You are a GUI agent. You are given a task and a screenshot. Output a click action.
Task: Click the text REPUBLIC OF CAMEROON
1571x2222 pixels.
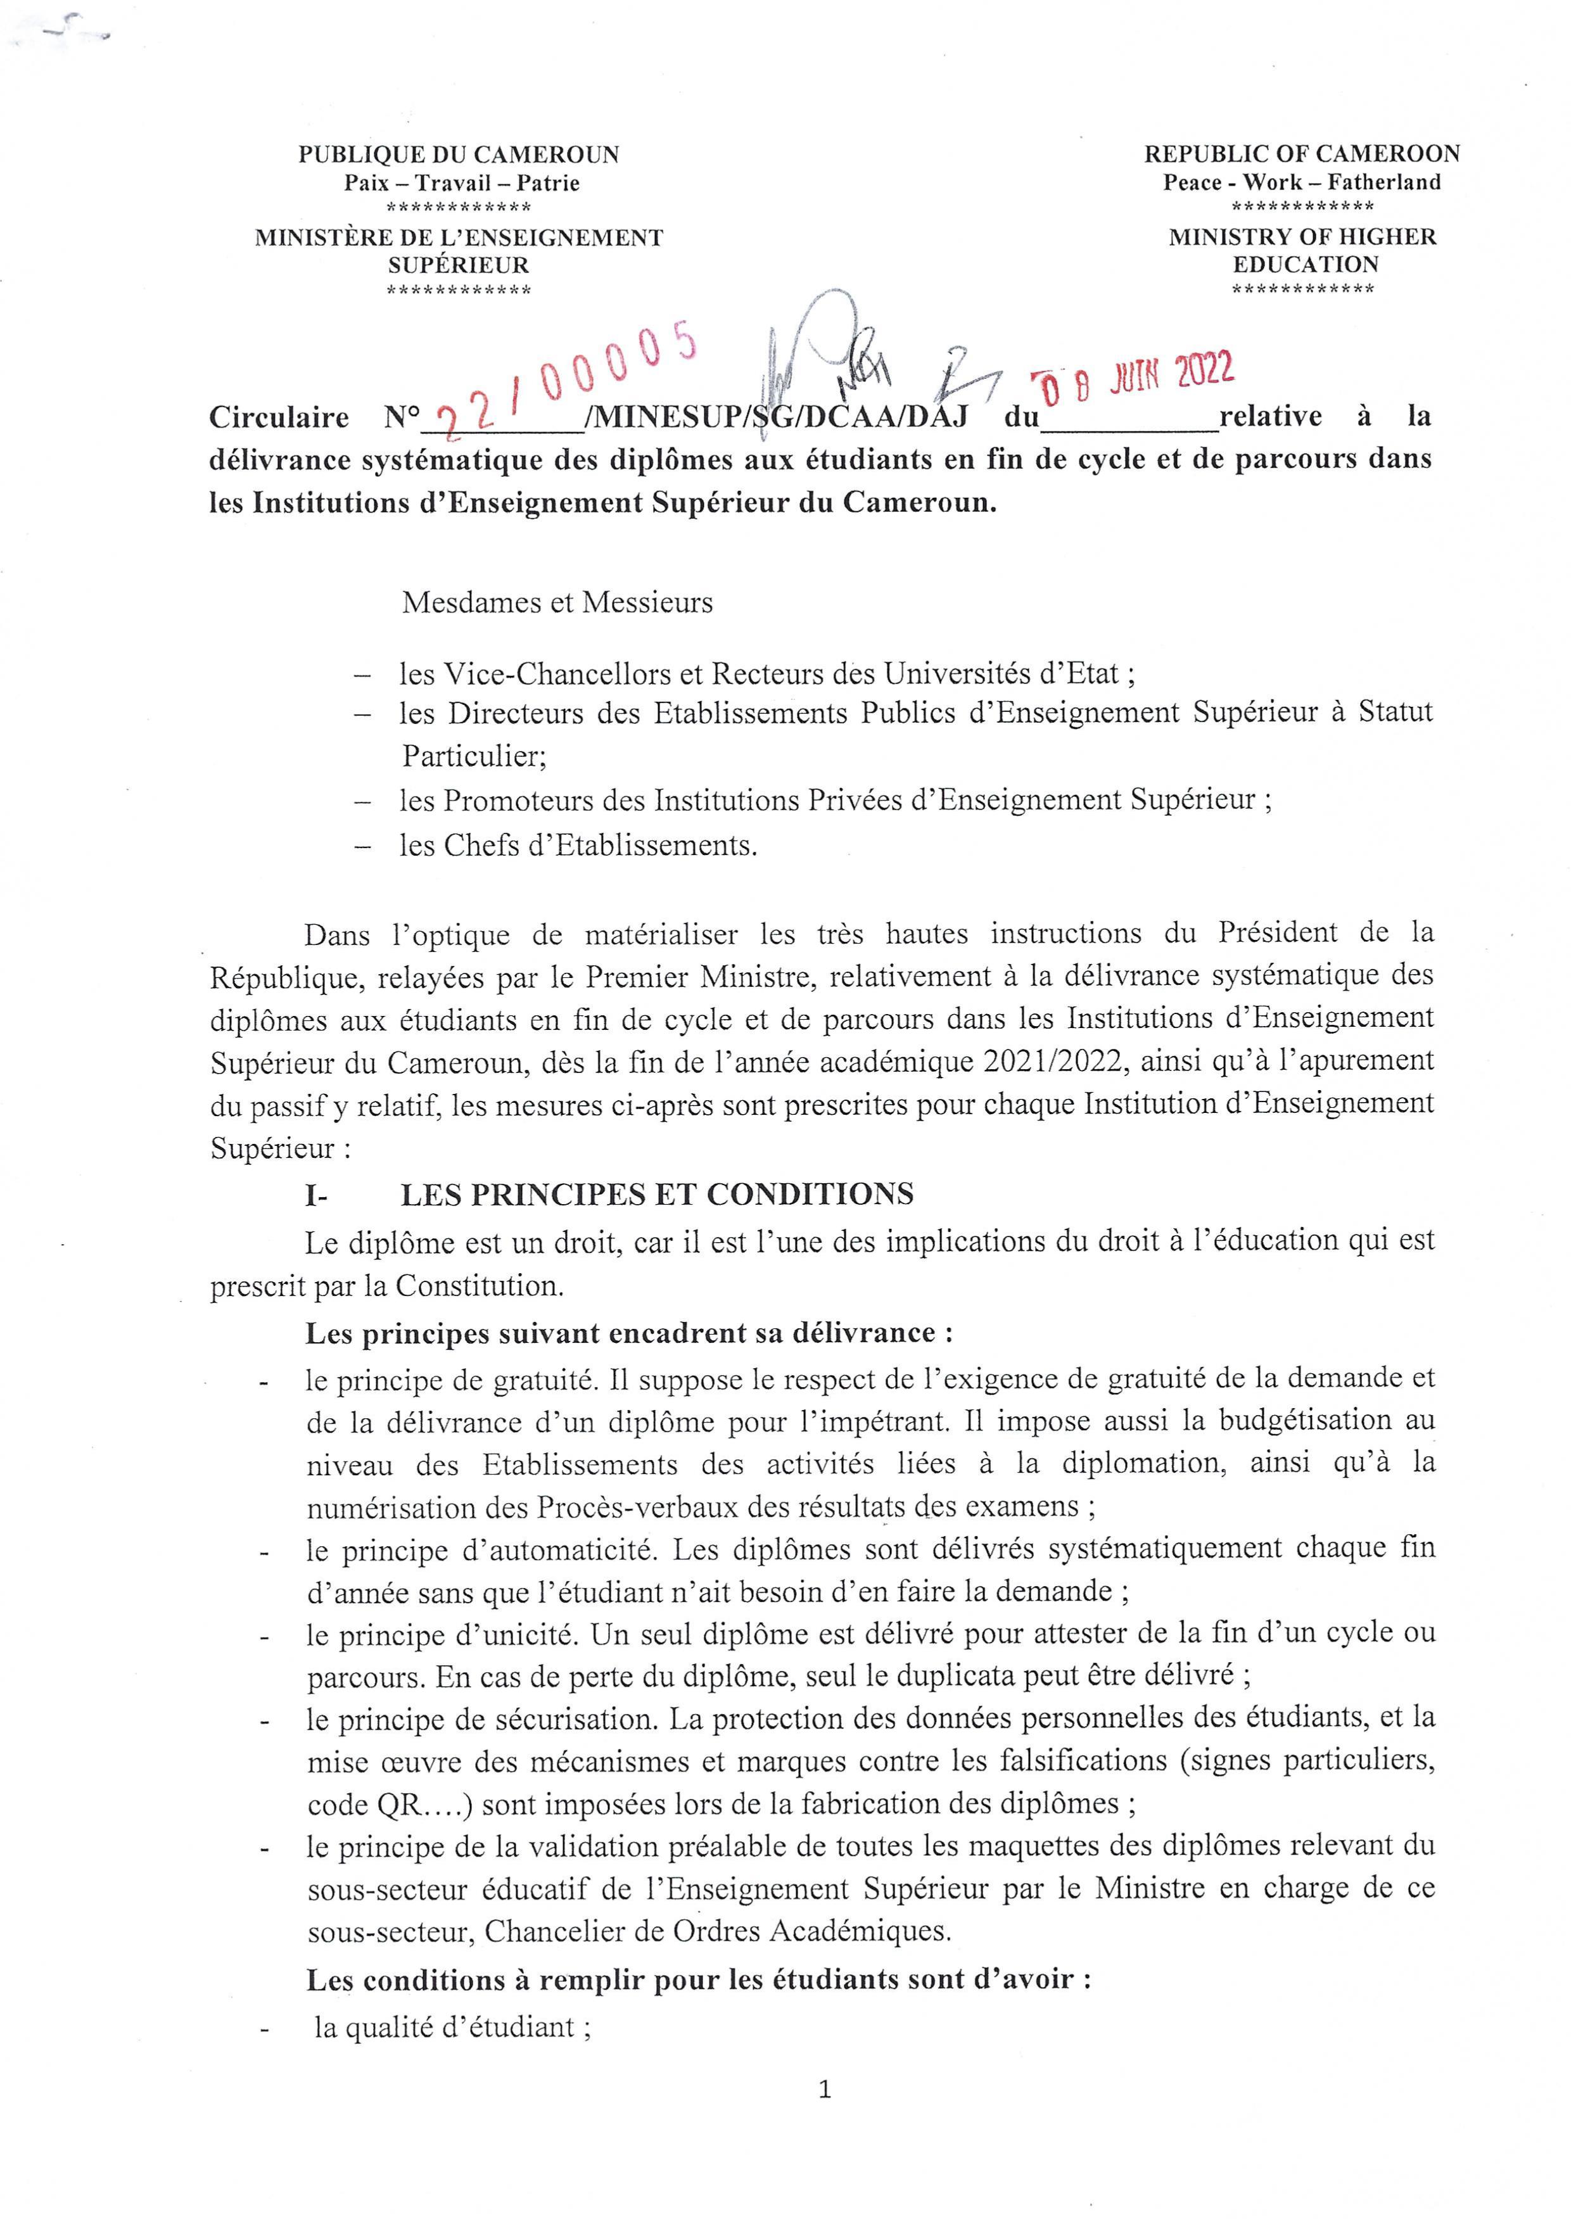point(1302,154)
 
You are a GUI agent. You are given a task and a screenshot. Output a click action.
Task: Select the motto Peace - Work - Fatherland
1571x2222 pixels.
point(1302,182)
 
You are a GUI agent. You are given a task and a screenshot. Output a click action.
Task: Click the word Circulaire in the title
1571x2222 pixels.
point(279,417)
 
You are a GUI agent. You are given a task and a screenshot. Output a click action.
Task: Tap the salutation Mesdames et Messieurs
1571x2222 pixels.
point(557,603)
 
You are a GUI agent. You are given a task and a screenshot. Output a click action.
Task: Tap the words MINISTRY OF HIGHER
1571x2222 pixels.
point(1302,237)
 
